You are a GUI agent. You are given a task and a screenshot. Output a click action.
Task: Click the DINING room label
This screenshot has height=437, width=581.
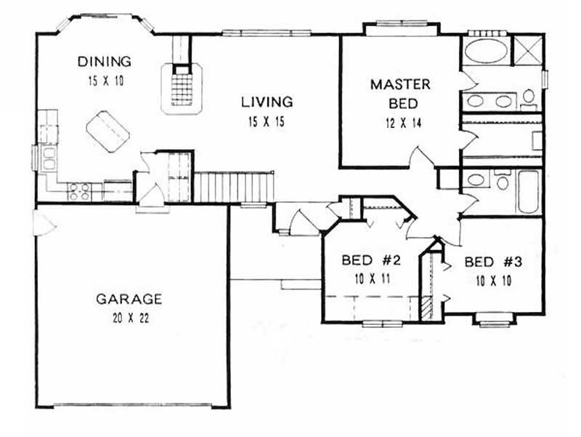pyautogui.click(x=106, y=62)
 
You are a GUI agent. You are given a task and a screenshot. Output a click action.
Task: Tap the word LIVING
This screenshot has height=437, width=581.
pyautogui.click(x=267, y=103)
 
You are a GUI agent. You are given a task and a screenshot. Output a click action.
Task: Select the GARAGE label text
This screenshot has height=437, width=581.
pyautogui.click(x=129, y=299)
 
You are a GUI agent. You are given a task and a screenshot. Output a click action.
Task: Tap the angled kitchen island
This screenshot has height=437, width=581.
pyautogui.click(x=107, y=132)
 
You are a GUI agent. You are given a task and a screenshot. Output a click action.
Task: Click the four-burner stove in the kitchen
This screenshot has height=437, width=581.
pyautogui.click(x=79, y=191)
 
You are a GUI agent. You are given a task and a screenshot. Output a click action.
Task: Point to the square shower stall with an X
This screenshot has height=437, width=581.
pyautogui.click(x=526, y=51)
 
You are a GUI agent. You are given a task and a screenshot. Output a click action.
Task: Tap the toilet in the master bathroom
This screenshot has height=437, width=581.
pyautogui.click(x=529, y=96)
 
